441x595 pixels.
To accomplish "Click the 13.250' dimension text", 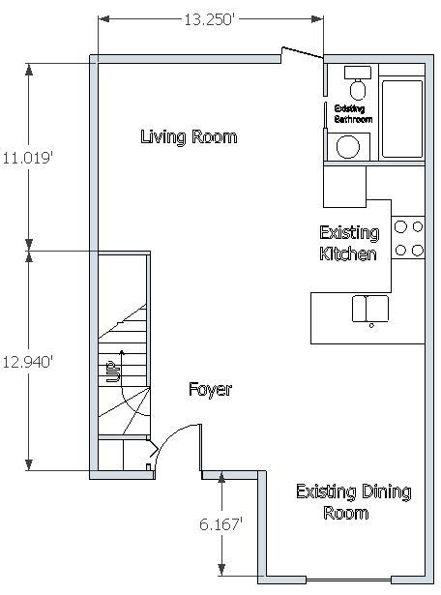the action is tap(208, 19).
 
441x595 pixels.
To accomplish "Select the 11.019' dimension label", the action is tap(27, 158).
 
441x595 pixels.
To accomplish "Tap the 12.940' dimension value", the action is tap(27, 362).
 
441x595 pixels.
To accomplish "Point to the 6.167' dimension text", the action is tap(220, 524).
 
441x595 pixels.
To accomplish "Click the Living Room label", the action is tap(189, 137).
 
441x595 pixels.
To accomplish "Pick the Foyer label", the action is tap(210, 389).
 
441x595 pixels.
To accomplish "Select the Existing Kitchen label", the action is tap(349, 243).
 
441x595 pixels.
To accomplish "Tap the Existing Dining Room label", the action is tap(353, 502).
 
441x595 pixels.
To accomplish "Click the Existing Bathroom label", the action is tap(353, 114).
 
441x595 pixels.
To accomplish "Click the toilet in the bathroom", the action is tap(358, 83).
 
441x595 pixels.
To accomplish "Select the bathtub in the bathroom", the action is tap(402, 118).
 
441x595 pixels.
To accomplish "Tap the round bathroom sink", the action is tap(348, 146).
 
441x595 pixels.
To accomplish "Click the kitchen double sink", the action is tap(370, 309).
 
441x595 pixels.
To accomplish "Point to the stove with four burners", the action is tap(408, 238).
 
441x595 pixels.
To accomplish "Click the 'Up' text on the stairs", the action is tap(113, 372).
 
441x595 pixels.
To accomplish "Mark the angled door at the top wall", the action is tap(302, 53).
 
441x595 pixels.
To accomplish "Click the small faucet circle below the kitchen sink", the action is tap(371, 325).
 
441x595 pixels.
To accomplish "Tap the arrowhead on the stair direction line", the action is tap(122, 352).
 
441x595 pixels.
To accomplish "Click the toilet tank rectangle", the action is tap(358, 73).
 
